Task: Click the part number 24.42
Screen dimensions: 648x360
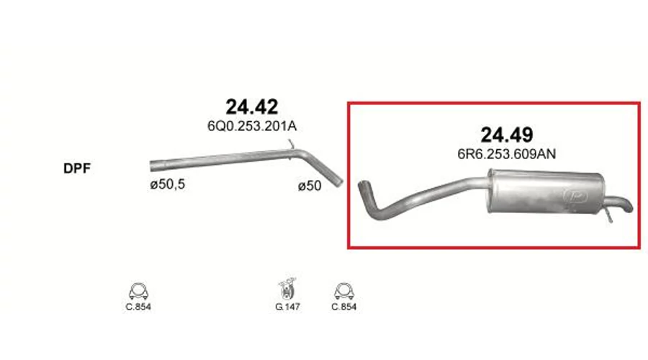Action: click(252, 107)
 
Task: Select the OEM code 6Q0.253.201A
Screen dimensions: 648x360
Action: click(252, 126)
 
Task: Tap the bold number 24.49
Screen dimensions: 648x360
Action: click(507, 135)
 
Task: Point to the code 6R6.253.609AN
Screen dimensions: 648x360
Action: click(506, 154)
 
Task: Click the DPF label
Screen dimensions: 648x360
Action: click(77, 168)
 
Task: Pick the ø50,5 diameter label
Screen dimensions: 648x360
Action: click(167, 184)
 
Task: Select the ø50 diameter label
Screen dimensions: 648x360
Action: click(310, 186)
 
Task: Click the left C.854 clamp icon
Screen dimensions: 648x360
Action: click(138, 292)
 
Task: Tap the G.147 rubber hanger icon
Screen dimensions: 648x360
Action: click(287, 288)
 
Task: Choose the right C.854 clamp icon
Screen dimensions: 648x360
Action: click(344, 292)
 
